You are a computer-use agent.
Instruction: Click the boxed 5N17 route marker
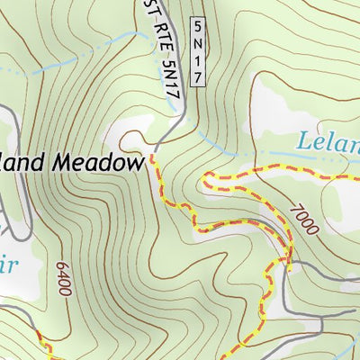[198, 51]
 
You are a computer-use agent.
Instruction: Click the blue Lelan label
[328, 141]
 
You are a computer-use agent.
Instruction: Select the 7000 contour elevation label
[304, 219]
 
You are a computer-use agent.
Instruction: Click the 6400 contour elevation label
[62, 280]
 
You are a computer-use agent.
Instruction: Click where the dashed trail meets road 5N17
[153, 152]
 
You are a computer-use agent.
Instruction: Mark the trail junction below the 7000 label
[290, 264]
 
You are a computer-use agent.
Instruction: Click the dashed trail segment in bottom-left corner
[45, 351]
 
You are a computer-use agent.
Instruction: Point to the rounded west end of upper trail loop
[203, 179]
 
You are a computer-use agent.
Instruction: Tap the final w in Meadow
[136, 163]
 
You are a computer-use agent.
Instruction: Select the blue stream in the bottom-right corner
[346, 333]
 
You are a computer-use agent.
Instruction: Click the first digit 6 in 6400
[63, 294]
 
